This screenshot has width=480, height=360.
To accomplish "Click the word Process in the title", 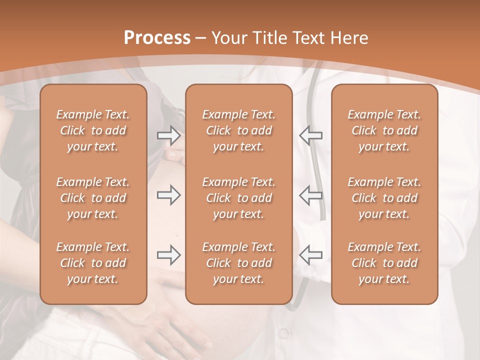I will click(157, 38).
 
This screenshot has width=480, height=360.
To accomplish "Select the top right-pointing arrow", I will click(168, 135).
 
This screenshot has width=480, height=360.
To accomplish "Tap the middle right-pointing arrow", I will click(168, 195).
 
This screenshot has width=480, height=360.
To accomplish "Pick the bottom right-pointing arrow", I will click(168, 255).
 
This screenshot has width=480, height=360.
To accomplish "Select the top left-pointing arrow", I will click(310, 135).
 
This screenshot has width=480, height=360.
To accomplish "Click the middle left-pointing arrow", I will click(310, 195).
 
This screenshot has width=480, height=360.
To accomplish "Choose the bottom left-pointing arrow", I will click(310, 255).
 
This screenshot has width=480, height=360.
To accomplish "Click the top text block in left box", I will click(93, 130).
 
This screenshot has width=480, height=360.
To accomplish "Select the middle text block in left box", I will click(93, 198).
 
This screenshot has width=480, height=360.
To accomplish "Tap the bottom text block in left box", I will click(93, 263).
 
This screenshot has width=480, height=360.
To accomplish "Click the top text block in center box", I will click(238, 130).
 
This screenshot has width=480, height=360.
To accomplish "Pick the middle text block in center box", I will click(238, 198).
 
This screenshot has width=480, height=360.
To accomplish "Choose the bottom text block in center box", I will click(238, 263).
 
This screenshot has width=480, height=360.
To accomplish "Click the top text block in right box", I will click(384, 130).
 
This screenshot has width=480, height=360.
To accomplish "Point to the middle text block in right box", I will click(384, 198).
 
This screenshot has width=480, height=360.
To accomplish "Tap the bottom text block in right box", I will click(384, 263).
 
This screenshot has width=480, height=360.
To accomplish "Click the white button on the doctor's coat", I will click(283, 332).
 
